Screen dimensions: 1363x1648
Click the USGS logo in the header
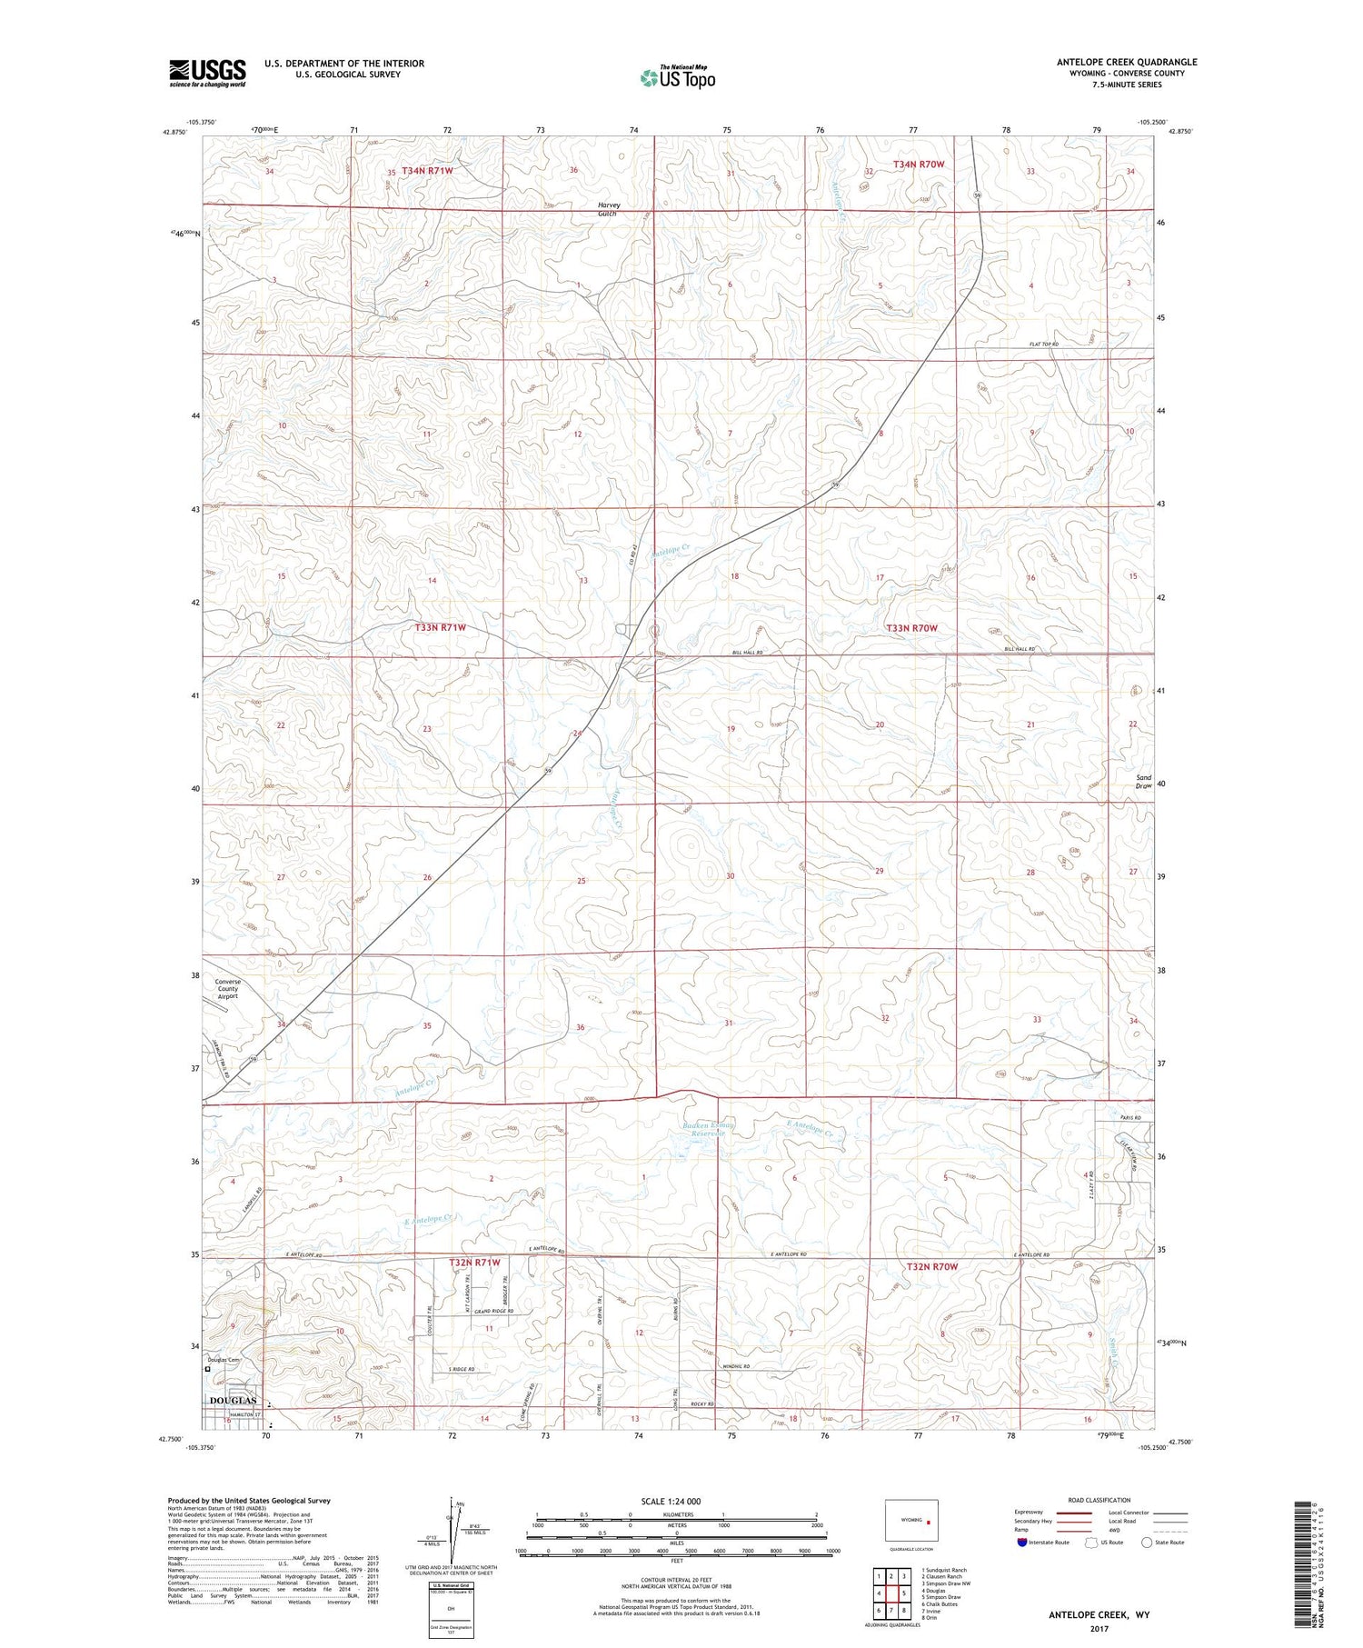207,72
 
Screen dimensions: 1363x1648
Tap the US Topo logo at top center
677,77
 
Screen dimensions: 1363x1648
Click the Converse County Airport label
227,989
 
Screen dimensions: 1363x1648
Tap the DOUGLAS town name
234,1402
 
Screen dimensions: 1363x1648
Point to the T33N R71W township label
440,627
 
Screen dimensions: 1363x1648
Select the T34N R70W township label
919,165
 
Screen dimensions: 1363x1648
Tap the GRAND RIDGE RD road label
492,1311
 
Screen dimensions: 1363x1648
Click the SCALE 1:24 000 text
671,1502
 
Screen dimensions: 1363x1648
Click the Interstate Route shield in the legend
1022,1543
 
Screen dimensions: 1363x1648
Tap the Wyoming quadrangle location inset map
911,1520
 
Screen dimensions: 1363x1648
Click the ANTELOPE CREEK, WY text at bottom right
1098,1615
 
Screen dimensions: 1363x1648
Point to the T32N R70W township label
930,1266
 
